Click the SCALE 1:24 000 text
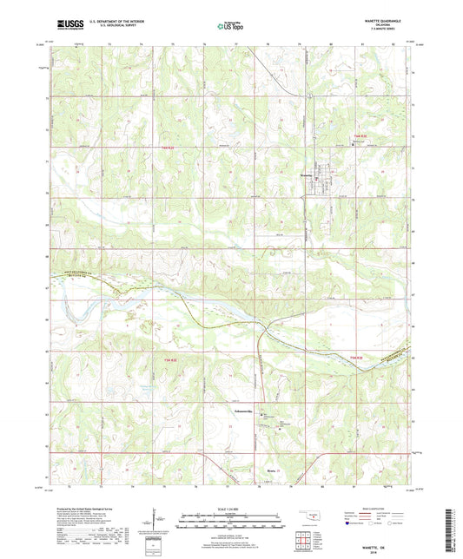coord(230,508)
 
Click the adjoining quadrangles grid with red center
coord(306,539)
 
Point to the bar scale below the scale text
coord(230,522)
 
